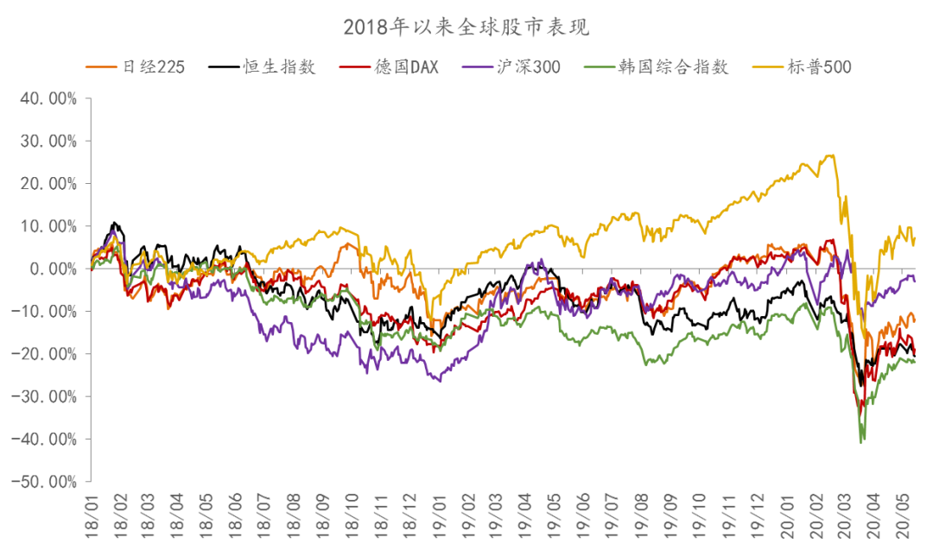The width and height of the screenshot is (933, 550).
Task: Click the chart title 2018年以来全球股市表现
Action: pyautogui.click(x=466, y=27)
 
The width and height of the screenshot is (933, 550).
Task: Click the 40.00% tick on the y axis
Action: pyautogui.click(x=48, y=98)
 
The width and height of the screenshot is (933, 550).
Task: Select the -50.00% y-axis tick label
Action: pyautogui.click(x=45, y=482)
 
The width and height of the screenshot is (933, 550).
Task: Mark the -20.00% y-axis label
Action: pyautogui.click(x=45, y=354)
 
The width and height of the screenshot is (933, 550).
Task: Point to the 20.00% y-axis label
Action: pyautogui.click(x=48, y=184)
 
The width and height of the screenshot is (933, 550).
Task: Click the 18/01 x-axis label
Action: pyautogui.click(x=92, y=516)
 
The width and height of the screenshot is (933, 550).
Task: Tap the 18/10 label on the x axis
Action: pyautogui.click(x=352, y=516)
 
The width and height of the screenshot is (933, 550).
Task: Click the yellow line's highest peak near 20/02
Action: pyautogui.click(x=831, y=155)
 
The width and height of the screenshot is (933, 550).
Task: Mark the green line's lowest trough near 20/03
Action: pyautogui.click(x=861, y=442)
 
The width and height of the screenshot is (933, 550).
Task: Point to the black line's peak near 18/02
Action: pyautogui.click(x=113, y=223)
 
